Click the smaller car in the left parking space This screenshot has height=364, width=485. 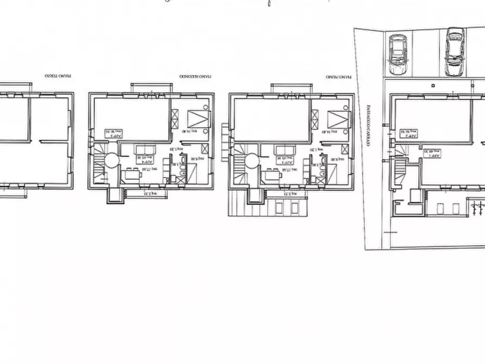pyautogui.click(x=398, y=55)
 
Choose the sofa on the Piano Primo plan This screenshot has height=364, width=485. pyautogui.click(x=286, y=150)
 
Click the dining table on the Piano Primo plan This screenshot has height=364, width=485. pyautogui.click(x=272, y=175)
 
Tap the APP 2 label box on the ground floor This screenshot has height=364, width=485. pyautogui.click(x=410, y=134)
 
